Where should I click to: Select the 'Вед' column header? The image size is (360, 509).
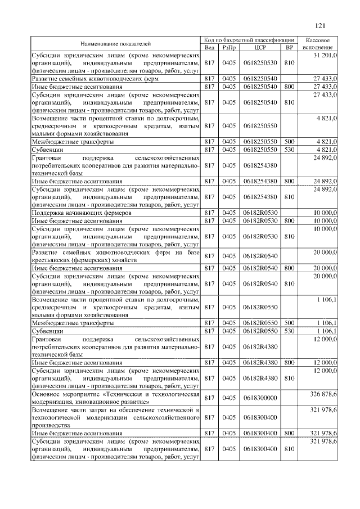pyautogui.click(x=210, y=47)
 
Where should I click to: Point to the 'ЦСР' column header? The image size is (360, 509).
pyautogui.click(x=259, y=47)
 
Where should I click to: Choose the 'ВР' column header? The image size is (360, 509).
pyautogui.click(x=290, y=47)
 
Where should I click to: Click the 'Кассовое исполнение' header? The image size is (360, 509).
pyautogui.click(x=317, y=44)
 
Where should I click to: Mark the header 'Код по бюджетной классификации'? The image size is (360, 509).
pyautogui.click(x=249, y=40)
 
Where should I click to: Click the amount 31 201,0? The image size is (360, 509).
pyautogui.click(x=325, y=56)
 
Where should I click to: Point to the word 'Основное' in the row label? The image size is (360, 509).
pyautogui.click(x=46, y=394)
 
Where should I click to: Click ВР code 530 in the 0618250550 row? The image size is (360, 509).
pyautogui.click(x=290, y=151)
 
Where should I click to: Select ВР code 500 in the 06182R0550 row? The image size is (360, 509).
pyautogui.click(x=290, y=323)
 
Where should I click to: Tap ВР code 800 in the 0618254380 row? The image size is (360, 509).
pyautogui.click(x=290, y=182)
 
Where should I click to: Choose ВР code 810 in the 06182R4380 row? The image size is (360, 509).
pyautogui.click(x=290, y=379)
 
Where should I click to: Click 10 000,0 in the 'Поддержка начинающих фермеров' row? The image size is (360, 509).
pyautogui.click(x=325, y=214)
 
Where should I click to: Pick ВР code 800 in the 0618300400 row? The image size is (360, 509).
pyautogui.click(x=290, y=433)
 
